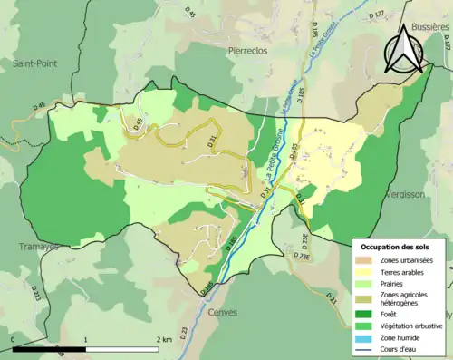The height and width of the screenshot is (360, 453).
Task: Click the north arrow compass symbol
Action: (405, 50)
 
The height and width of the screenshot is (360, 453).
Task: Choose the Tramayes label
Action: (37, 246)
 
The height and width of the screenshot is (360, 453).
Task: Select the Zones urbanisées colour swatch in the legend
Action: (366, 260)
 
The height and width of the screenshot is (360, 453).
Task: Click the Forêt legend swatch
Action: (366, 314)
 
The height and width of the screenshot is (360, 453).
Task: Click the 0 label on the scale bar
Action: (14, 339)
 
